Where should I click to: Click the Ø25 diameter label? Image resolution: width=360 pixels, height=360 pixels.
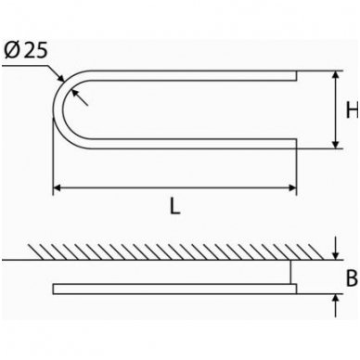(27, 50)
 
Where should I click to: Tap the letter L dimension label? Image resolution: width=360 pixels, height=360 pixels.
(174, 207)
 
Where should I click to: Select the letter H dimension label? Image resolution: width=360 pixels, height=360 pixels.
(353, 109)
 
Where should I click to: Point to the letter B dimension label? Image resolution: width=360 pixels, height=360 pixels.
(352, 277)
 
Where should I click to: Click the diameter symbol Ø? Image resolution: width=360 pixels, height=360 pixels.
(13, 50)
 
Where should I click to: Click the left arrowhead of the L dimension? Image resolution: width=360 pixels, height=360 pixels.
(57, 187)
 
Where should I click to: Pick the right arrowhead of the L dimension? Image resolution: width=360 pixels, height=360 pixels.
(292, 187)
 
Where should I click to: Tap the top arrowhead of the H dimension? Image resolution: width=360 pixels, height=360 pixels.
(336, 75)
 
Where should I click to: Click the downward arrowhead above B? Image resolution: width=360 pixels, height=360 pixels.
(336, 255)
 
